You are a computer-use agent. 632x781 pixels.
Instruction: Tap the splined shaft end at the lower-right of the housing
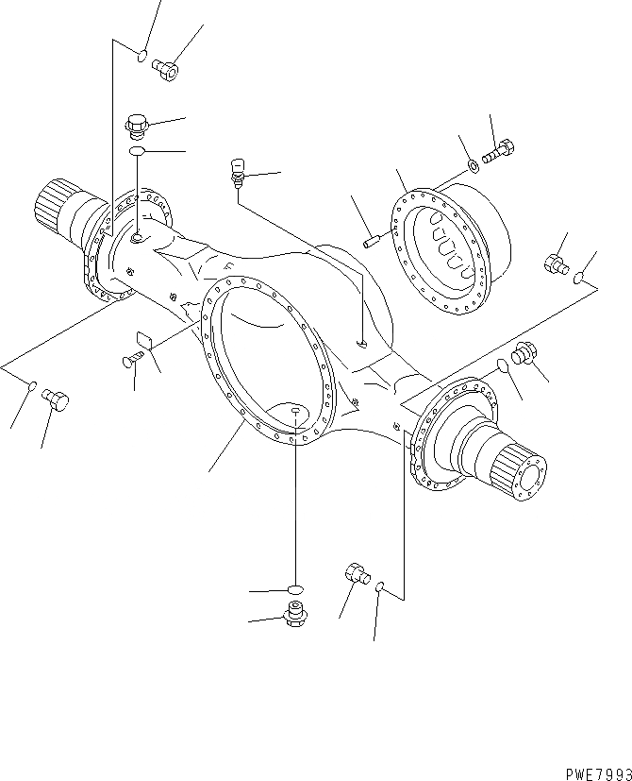(x=520, y=472)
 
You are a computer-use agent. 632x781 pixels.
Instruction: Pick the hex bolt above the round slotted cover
(x=499, y=150)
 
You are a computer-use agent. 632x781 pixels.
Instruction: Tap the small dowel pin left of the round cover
(x=371, y=242)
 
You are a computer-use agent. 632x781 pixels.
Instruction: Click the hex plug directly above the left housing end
(x=136, y=123)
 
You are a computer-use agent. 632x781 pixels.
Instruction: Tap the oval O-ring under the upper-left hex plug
(x=137, y=151)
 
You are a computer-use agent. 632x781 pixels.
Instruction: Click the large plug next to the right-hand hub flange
(x=524, y=354)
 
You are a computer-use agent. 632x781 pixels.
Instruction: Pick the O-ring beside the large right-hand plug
(x=502, y=365)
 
